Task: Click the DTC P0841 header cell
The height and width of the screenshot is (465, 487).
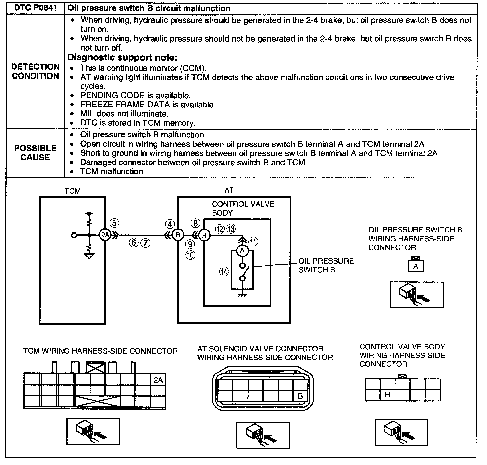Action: point(35,8)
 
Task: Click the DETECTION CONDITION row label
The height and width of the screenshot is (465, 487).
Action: point(35,71)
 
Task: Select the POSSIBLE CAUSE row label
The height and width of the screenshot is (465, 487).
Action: point(35,153)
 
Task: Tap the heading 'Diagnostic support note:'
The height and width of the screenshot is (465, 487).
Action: point(122,57)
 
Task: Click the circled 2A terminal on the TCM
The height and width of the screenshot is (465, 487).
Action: point(105,235)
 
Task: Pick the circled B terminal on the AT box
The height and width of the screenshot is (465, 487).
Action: point(178,235)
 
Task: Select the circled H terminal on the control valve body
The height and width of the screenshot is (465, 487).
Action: point(204,235)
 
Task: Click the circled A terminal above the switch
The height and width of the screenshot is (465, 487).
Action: point(242,251)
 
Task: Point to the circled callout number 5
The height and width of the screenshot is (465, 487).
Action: point(114,223)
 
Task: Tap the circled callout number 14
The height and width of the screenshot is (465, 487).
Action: point(224,272)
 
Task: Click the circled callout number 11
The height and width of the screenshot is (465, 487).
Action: point(253,242)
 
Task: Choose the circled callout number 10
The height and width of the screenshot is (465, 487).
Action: point(190,255)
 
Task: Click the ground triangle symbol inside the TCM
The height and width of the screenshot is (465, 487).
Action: point(89,256)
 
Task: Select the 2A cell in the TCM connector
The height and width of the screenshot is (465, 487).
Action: point(158,380)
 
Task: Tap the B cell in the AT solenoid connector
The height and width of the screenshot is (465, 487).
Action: point(300,396)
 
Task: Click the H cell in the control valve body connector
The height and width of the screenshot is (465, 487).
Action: point(387,395)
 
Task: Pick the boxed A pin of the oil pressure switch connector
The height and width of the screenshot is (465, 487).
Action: point(416,266)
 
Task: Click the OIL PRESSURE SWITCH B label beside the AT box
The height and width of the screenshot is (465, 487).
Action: point(326,265)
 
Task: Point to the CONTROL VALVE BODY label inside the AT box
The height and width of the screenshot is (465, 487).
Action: point(243,208)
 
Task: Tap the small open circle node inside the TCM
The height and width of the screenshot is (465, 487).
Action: point(74,235)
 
